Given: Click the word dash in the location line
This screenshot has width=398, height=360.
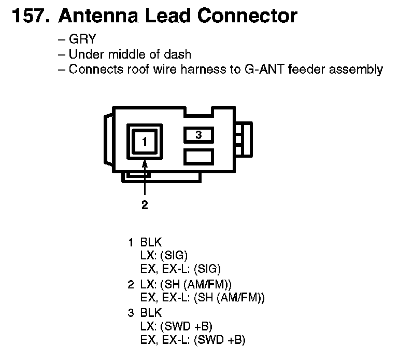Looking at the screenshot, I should (180, 55).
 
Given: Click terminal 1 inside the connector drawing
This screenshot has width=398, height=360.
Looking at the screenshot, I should (145, 141).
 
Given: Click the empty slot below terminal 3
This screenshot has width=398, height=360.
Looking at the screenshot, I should (198, 156).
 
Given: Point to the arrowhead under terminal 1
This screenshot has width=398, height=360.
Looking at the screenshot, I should (145, 162).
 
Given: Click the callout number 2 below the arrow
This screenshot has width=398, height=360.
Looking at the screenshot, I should (145, 205).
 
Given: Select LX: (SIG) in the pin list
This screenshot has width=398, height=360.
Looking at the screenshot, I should (164, 255).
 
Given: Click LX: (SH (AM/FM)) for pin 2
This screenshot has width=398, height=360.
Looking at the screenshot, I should (186, 284).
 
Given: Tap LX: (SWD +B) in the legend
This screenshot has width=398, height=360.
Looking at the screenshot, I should (177, 326).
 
